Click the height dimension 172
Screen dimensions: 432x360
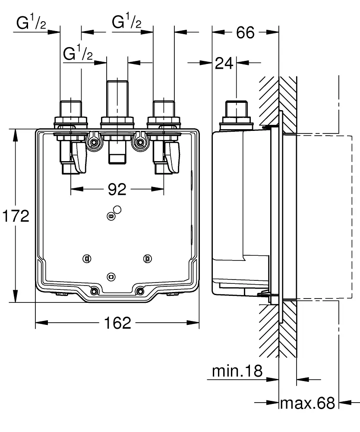[16, 216]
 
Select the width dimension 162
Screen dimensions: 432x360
[117, 322]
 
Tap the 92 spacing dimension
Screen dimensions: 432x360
[117, 189]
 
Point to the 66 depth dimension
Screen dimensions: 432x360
[245, 32]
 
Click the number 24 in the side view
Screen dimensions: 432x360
[224, 64]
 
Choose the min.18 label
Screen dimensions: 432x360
[237, 371]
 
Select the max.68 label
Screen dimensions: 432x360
[308, 403]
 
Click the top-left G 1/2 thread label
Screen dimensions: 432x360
[32, 23]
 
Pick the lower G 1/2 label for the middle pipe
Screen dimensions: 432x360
[78, 54]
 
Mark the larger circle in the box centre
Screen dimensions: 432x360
[117, 210]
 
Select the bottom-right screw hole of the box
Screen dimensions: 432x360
[140, 291]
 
